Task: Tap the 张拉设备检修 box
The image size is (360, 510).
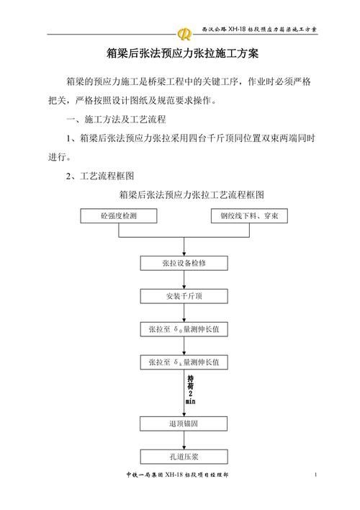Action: pyautogui.click(x=184, y=264)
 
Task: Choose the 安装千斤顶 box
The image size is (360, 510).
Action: pyautogui.click(x=184, y=296)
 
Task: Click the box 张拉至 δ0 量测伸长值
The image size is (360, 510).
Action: pyautogui.click(x=184, y=329)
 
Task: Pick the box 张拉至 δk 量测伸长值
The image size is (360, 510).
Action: pyautogui.click(x=184, y=362)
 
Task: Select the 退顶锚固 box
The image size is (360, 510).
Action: pyautogui.click(x=184, y=424)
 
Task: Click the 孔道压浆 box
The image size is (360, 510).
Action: pyautogui.click(x=184, y=456)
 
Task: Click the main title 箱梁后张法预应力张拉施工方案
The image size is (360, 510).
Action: pyautogui.click(x=179, y=54)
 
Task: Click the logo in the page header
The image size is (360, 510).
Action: pyautogui.click(x=185, y=32)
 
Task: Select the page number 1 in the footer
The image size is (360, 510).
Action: pyautogui.click(x=316, y=475)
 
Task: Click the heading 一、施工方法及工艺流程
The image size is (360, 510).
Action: pyautogui.click(x=115, y=117)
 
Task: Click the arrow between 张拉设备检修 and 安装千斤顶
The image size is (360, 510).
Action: pyautogui.click(x=184, y=280)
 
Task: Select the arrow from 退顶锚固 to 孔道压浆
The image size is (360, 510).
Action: pyautogui.click(x=184, y=440)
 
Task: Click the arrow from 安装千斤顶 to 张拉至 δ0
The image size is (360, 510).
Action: pyautogui.click(x=184, y=313)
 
